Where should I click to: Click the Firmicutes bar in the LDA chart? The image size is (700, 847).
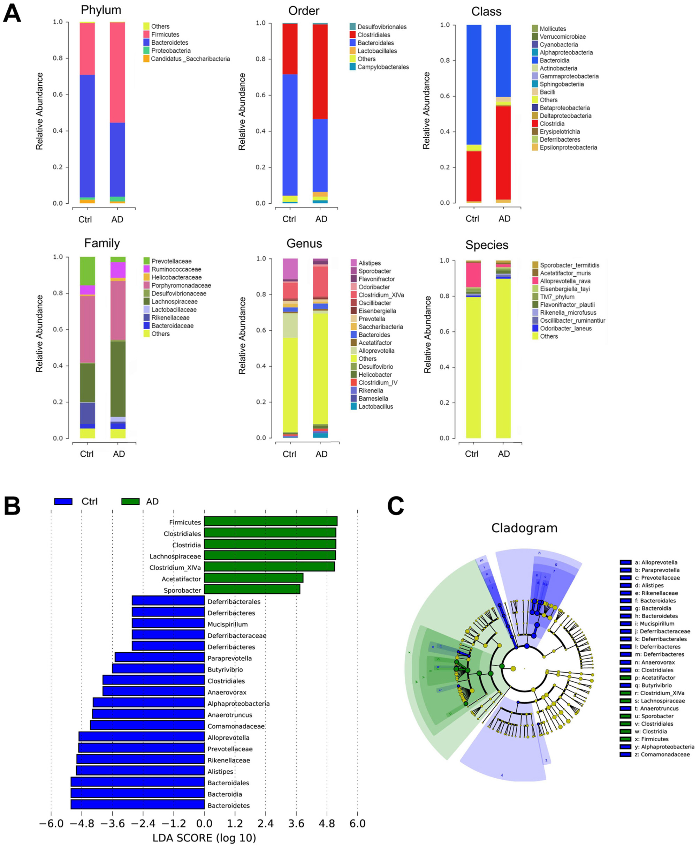[x=270, y=521]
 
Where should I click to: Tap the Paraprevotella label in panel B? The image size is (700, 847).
[x=229, y=658]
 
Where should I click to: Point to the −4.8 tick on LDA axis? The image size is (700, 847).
[x=82, y=823]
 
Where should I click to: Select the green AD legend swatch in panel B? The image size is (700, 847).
[x=130, y=501]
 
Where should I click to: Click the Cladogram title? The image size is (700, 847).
[x=524, y=527]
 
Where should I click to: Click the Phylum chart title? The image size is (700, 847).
[x=101, y=10]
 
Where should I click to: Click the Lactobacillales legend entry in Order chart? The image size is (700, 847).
[x=377, y=51]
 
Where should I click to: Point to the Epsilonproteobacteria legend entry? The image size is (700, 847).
[x=568, y=147]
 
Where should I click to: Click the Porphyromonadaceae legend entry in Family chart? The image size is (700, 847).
[x=181, y=285]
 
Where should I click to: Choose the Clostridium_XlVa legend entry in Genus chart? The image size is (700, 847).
[x=381, y=295]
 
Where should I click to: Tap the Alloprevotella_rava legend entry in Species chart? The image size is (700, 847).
[x=565, y=281]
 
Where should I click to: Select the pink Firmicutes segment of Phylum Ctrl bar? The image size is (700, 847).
[x=87, y=48]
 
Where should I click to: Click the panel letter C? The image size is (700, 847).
[x=395, y=505]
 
